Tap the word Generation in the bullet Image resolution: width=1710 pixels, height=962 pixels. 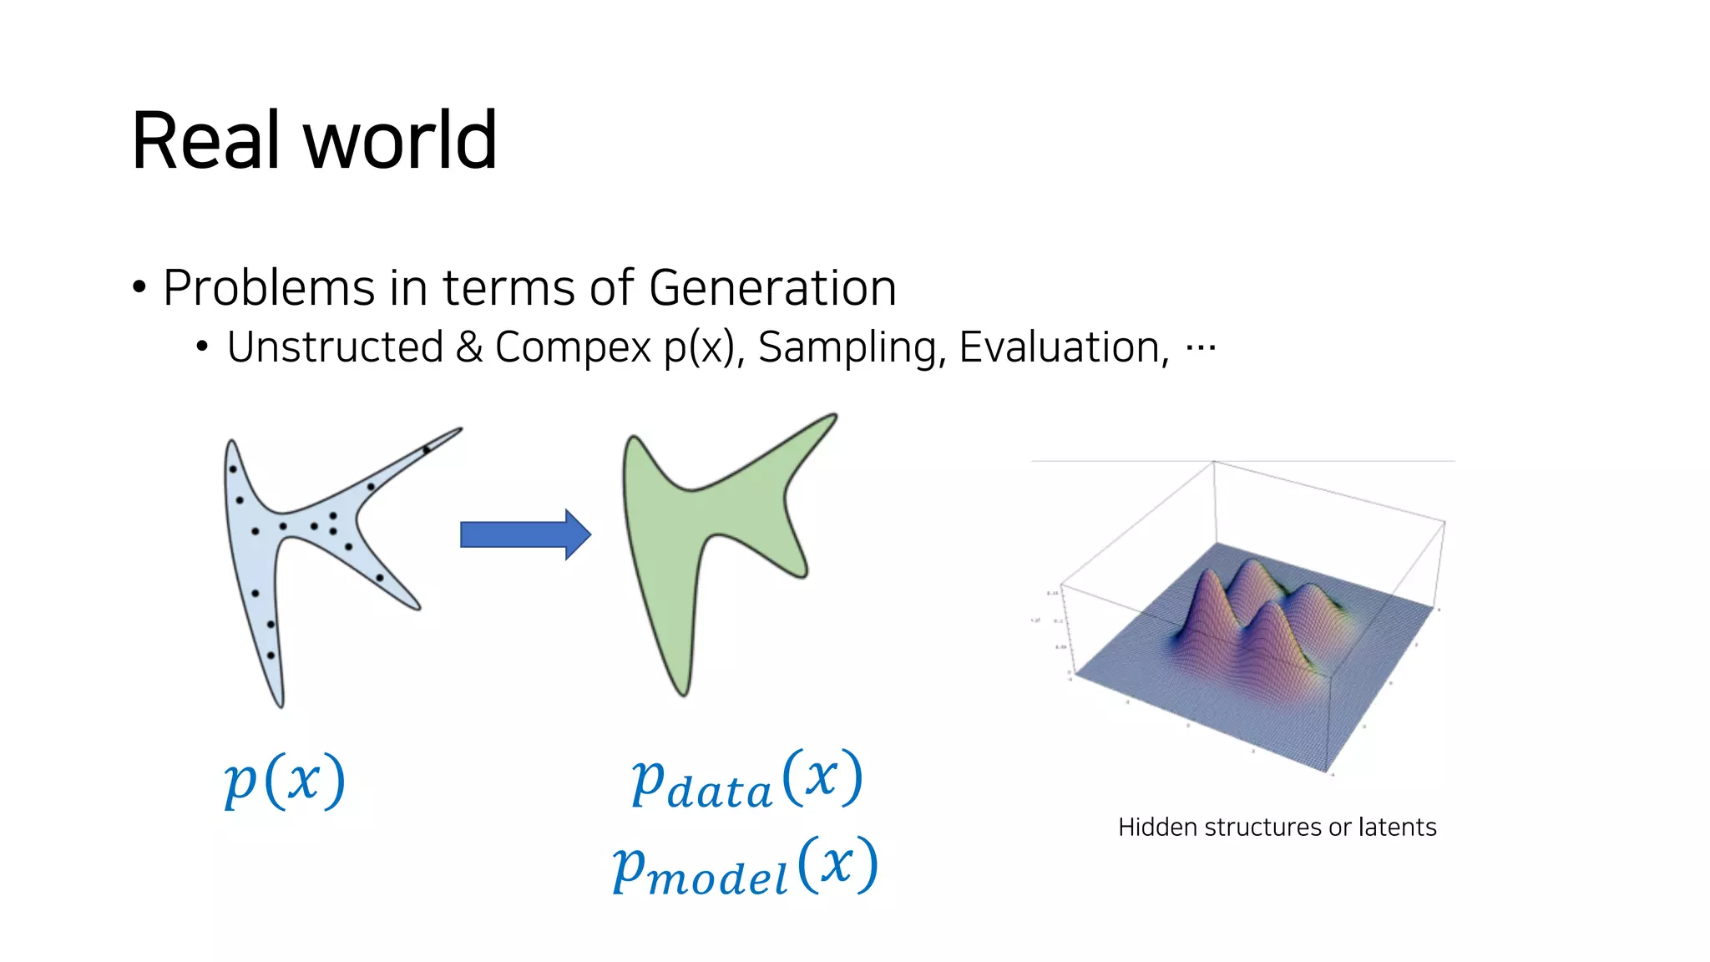[772, 288]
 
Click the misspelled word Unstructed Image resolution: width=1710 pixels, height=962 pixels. [335, 347]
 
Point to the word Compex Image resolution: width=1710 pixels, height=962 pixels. [573, 347]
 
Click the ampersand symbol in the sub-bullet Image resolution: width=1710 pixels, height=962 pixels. [469, 347]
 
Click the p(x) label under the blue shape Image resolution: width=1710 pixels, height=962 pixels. [285, 780]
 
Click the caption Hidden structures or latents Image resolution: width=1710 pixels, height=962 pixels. [1277, 827]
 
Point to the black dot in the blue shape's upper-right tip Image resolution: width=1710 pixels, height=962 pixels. [426, 450]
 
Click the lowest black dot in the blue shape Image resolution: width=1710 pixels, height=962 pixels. [271, 656]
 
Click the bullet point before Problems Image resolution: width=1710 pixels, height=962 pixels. [139, 288]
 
